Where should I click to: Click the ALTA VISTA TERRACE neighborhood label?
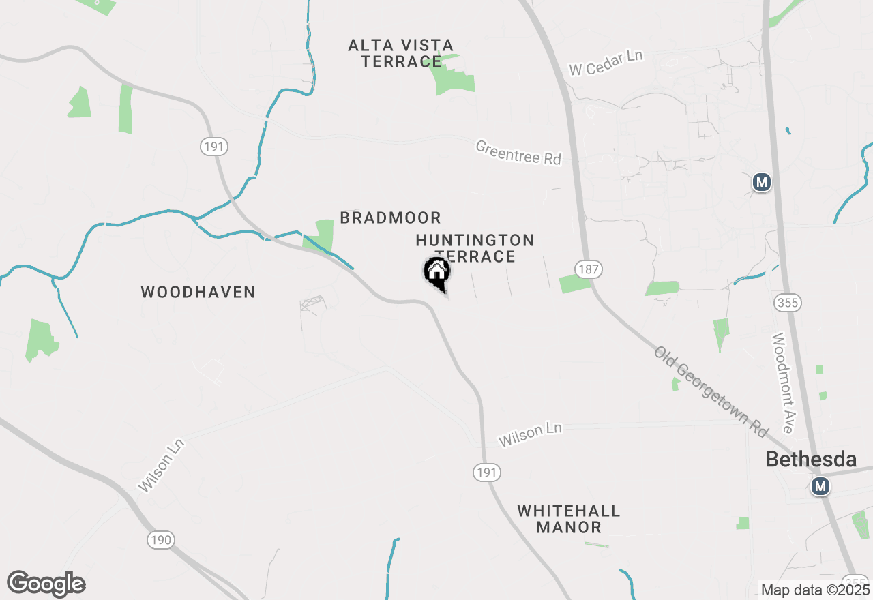pyautogui.click(x=400, y=53)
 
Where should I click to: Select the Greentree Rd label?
pyautogui.click(x=518, y=153)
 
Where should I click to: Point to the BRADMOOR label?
pyautogui.click(x=390, y=217)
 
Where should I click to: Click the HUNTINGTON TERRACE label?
pyautogui.click(x=475, y=247)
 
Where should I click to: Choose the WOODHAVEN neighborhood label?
pyautogui.click(x=198, y=292)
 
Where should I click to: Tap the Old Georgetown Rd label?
pyautogui.click(x=711, y=392)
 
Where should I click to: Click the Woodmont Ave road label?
pyautogui.click(x=782, y=382)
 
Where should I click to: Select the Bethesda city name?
pyautogui.click(x=811, y=459)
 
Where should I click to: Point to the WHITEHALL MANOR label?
pyautogui.click(x=568, y=519)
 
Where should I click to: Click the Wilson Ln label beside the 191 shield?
pyautogui.click(x=530, y=434)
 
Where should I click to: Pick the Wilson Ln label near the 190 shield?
pyautogui.click(x=161, y=465)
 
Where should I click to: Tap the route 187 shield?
pyautogui.click(x=587, y=269)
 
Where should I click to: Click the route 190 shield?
pyautogui.click(x=161, y=540)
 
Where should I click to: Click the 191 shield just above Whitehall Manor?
pyautogui.click(x=488, y=472)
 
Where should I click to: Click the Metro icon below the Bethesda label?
pyautogui.click(x=820, y=486)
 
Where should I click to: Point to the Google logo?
pyautogui.click(x=46, y=584)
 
